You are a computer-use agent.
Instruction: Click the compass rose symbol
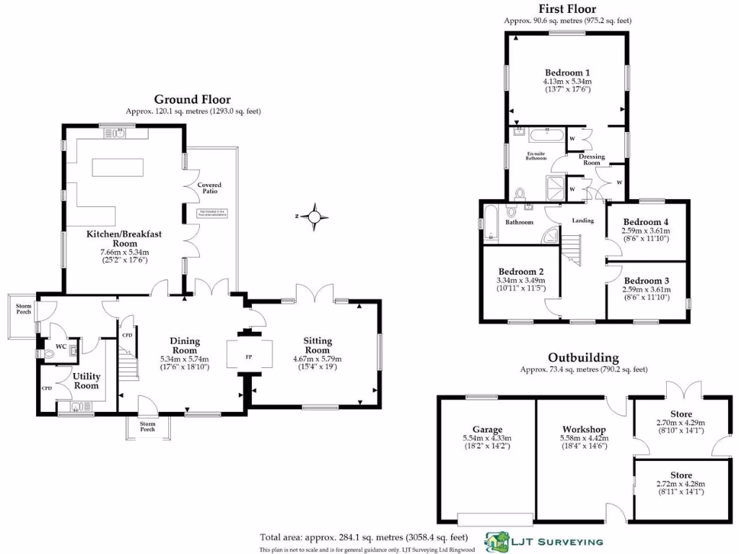tap(315, 216)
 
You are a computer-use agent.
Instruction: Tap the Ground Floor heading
tap(193, 100)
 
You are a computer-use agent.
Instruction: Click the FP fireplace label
tap(250, 356)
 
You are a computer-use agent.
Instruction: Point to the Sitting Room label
tap(317, 345)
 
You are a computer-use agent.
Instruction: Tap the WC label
tap(61, 346)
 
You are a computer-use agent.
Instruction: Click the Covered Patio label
tap(210, 189)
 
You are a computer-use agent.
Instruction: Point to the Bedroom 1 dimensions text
tap(567, 87)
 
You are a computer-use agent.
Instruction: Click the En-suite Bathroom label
tap(535, 156)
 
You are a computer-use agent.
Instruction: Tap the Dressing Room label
tap(592, 159)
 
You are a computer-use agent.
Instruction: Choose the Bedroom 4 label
tap(646, 221)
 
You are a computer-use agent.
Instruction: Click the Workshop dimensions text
tap(585, 442)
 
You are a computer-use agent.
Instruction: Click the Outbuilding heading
tap(583, 357)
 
